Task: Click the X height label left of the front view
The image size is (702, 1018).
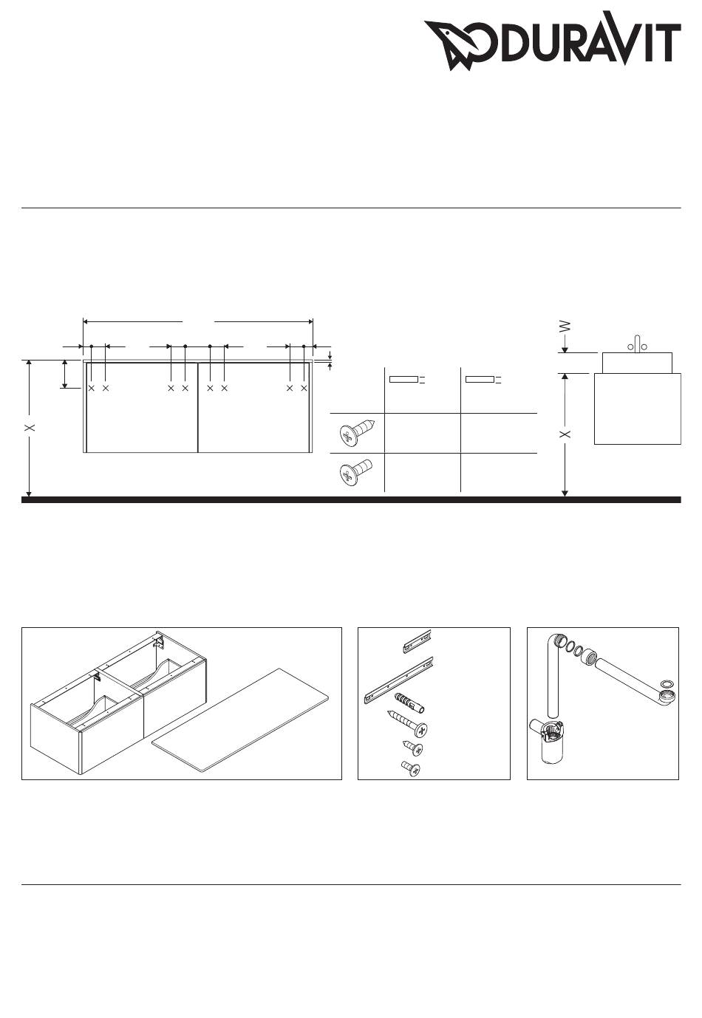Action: [x=30, y=428]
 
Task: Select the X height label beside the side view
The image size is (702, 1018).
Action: [x=565, y=434]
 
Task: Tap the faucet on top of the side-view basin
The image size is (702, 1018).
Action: [x=637, y=344]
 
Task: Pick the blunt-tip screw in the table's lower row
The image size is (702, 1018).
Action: [x=356, y=472]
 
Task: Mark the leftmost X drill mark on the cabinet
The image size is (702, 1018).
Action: [x=92, y=388]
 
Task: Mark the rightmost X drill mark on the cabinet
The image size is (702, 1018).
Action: [x=304, y=388]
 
